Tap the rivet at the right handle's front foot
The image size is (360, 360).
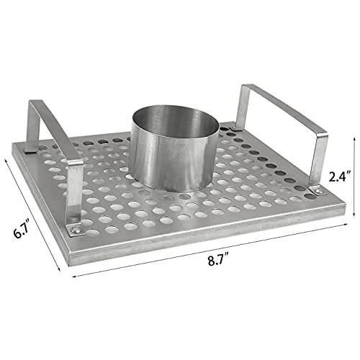tap(315, 189)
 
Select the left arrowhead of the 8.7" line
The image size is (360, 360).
tap(74, 271)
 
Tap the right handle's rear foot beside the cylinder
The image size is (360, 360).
tap(232, 128)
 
